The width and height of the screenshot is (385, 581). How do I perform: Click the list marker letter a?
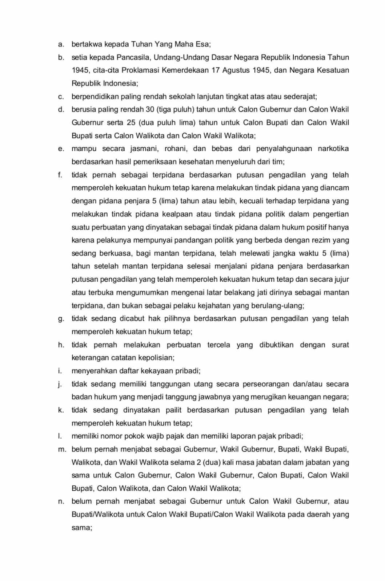tap(61, 44)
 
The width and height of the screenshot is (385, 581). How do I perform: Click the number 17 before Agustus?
tap(216, 70)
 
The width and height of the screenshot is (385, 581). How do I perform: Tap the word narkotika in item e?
tap(333, 149)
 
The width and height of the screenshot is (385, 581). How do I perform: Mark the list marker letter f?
tap(60, 175)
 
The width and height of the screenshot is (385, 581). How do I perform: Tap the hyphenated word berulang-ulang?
tap(276, 306)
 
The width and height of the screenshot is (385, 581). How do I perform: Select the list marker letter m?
tap(62, 450)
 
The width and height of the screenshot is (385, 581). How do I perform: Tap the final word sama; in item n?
tap(82, 528)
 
